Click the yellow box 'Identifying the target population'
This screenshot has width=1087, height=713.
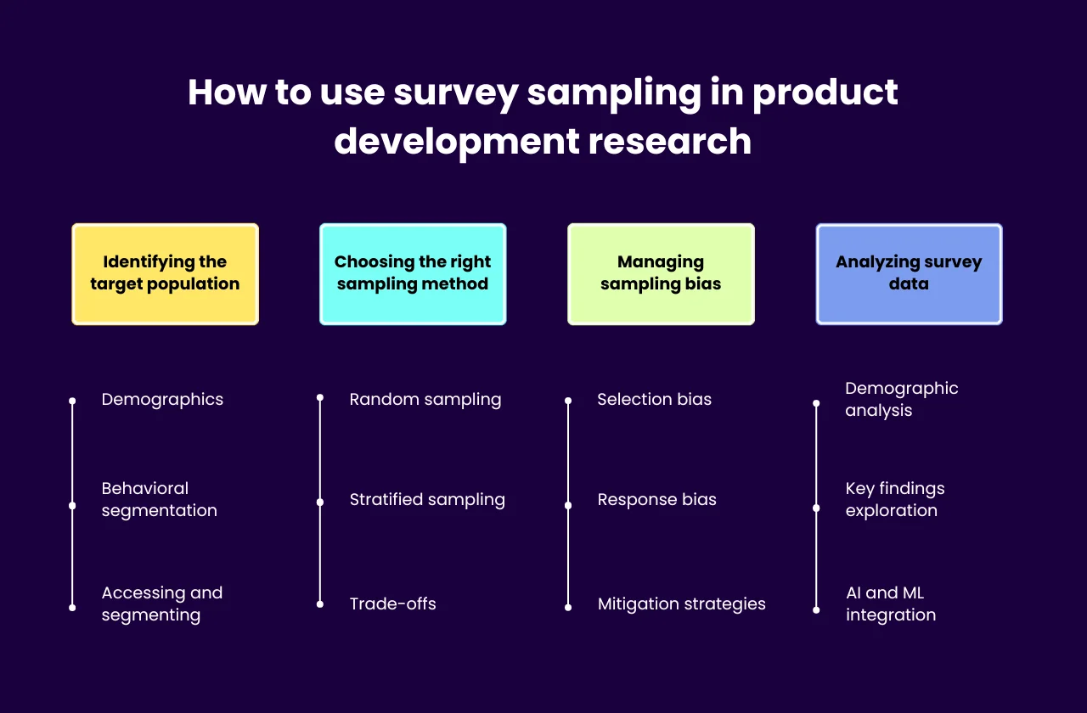pos(165,274)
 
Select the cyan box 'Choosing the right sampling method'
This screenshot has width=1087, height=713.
pos(413,274)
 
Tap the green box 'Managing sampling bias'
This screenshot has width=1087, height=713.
pos(661,274)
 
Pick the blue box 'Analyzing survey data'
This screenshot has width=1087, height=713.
pos(909,274)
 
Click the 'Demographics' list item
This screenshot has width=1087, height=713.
pos(162,400)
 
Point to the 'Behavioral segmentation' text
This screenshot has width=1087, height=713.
pos(159,499)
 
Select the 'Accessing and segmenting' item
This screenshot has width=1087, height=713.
pos(161,604)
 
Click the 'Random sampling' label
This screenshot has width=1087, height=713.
pos(425,400)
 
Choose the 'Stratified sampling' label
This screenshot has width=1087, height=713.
pos(427,500)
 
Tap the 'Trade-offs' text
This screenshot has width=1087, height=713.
pos(392,604)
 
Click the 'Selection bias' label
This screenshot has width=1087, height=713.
pos(654,400)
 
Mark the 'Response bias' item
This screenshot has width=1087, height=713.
pos(656,500)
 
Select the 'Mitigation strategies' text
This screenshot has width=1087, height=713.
pos(681,604)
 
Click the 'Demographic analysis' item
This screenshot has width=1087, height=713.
pos(901,399)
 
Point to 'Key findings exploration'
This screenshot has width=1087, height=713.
pos(894,499)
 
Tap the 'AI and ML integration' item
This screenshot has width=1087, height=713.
pos(890,604)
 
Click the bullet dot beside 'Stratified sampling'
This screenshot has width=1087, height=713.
pos(320,502)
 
